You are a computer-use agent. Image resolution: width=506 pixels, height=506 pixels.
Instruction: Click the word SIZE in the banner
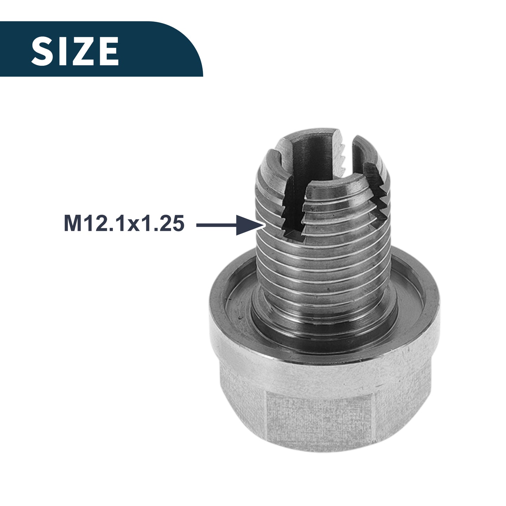[75, 51]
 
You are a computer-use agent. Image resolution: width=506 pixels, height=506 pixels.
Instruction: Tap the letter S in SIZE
[43, 51]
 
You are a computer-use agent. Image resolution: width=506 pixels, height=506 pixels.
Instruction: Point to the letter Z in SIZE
[83, 51]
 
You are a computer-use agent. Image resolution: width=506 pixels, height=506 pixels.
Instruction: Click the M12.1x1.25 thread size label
[124, 223]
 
